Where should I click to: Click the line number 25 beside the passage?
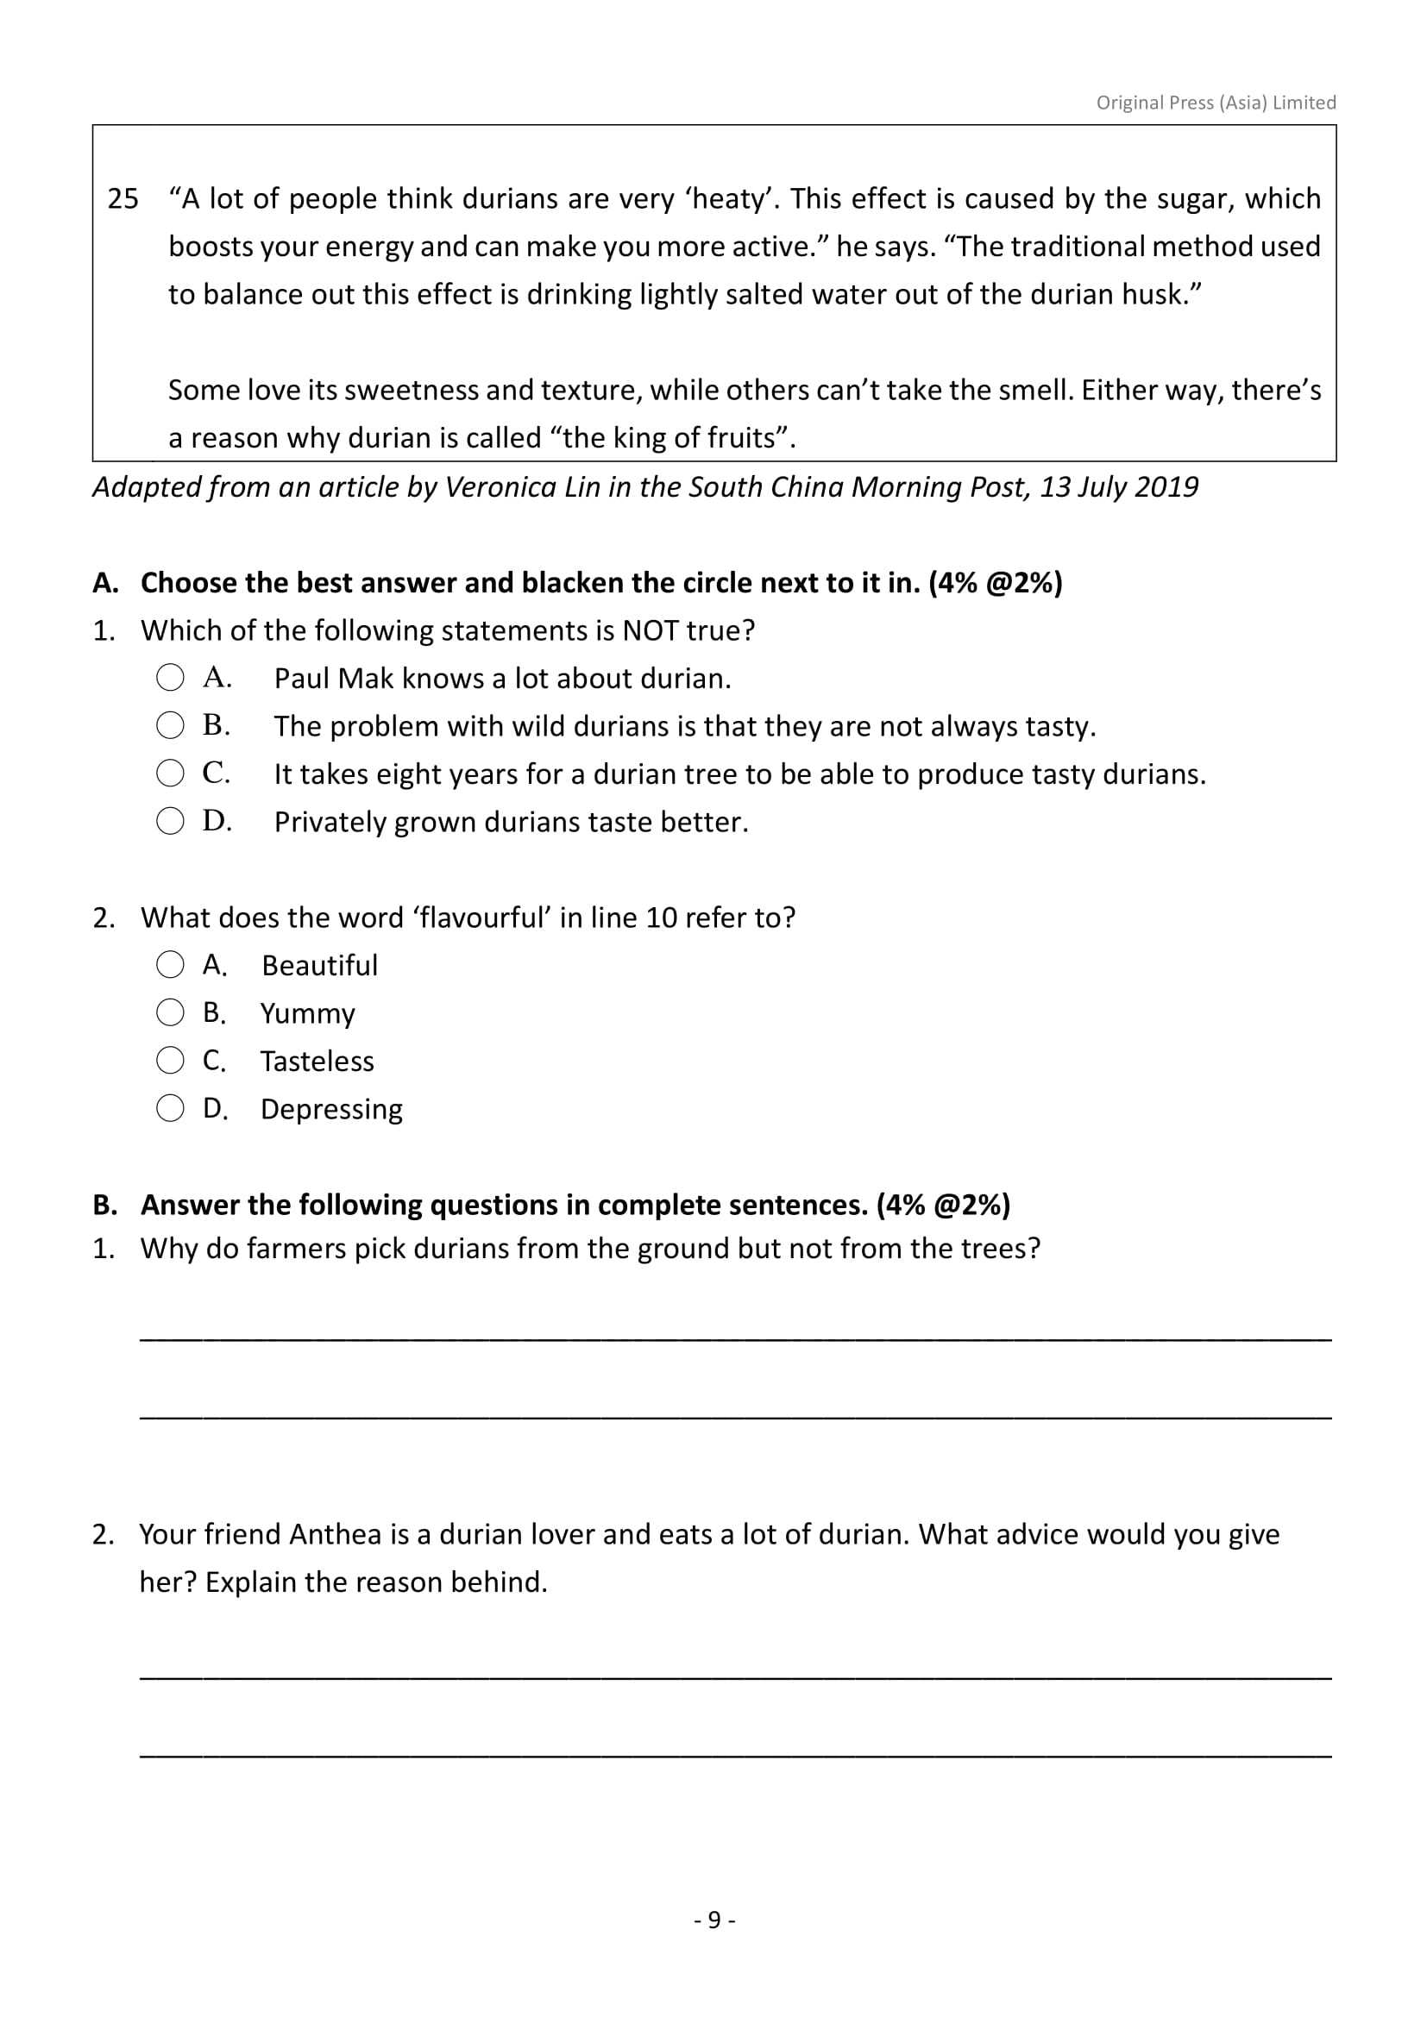tap(123, 199)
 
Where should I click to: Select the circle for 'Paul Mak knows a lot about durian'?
tap(171, 677)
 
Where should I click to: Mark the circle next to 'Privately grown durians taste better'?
tap(171, 822)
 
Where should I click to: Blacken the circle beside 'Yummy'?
tap(171, 1013)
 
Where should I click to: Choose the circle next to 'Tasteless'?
tap(171, 1061)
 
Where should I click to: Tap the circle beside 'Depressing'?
tap(171, 1109)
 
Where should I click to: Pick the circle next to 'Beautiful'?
tap(171, 965)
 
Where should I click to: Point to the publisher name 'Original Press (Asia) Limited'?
tap(1216, 103)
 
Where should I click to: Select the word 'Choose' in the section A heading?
tap(189, 582)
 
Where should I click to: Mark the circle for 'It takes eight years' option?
tap(171, 773)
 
